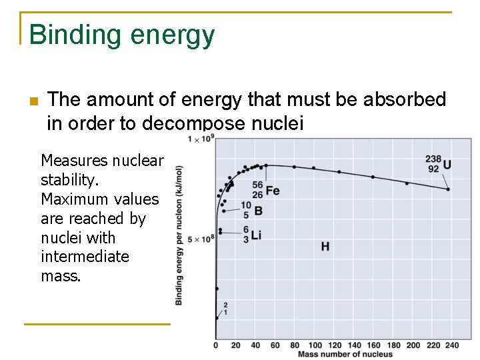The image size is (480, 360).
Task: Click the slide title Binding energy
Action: [122, 35]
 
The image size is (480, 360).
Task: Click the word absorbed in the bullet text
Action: [404, 100]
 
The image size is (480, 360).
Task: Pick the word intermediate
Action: [85, 257]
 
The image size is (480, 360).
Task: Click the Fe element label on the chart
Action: [272, 191]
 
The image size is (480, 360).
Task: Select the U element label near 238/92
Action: [447, 165]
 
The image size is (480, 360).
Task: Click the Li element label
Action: [256, 235]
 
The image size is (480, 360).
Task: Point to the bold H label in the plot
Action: [325, 247]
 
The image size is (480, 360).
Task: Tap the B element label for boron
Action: [258, 211]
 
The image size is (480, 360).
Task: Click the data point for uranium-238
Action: [447, 189]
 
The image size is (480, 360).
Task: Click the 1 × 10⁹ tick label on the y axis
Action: [201, 139]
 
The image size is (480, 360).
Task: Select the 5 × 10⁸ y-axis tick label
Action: [201, 239]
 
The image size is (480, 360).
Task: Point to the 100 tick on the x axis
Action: [315, 345]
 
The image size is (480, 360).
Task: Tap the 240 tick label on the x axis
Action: [452, 345]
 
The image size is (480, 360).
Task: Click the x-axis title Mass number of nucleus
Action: [345, 354]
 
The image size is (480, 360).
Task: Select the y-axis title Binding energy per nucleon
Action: [179, 235]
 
